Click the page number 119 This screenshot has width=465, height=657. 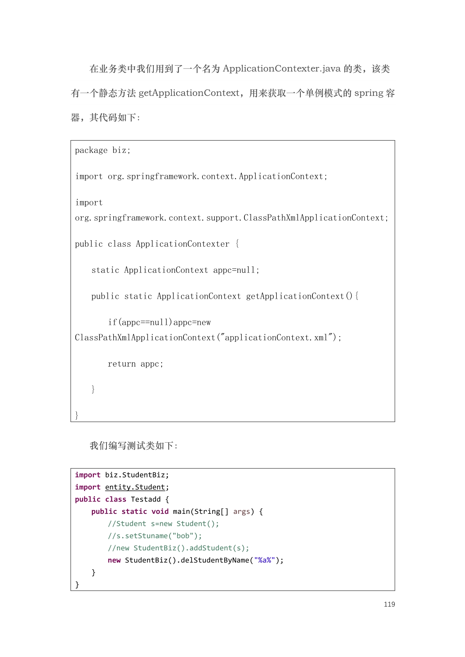[x=389, y=604]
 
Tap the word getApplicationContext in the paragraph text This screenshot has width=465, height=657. [x=189, y=93]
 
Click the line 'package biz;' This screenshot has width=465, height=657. [x=103, y=150]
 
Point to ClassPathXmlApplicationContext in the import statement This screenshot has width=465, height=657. [x=316, y=218]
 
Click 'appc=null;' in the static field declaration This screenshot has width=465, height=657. [x=236, y=270]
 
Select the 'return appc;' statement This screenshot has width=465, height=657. [x=135, y=364]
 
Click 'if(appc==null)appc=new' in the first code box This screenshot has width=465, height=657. [x=159, y=322]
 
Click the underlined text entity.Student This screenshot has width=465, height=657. [x=135, y=487]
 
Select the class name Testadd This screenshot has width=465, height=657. [x=146, y=499]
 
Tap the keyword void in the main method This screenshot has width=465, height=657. [x=160, y=512]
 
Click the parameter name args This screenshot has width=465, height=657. [x=241, y=512]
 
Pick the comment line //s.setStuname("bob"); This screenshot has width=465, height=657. [x=155, y=536]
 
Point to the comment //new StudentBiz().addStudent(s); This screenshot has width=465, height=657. [x=178, y=548]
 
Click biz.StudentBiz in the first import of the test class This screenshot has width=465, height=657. [x=135, y=475]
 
